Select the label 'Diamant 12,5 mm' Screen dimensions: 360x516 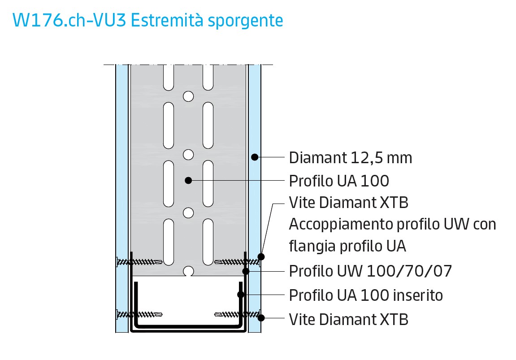click(350, 158)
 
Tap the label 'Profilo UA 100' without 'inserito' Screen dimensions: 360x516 click(338, 181)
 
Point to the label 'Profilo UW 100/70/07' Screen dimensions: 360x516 click(370, 271)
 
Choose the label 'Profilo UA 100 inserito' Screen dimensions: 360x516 click(366, 295)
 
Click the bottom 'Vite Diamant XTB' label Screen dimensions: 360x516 click(348, 320)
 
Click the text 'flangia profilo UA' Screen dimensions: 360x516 click(347, 246)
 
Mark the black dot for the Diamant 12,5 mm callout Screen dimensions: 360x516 click(254, 157)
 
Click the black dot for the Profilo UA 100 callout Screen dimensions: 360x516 click(188, 180)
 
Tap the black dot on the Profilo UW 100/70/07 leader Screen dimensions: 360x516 click(246, 271)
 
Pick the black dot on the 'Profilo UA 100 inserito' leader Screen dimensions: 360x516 click(241, 295)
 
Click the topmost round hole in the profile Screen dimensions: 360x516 click(188, 96)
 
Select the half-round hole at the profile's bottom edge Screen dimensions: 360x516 click(188, 272)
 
